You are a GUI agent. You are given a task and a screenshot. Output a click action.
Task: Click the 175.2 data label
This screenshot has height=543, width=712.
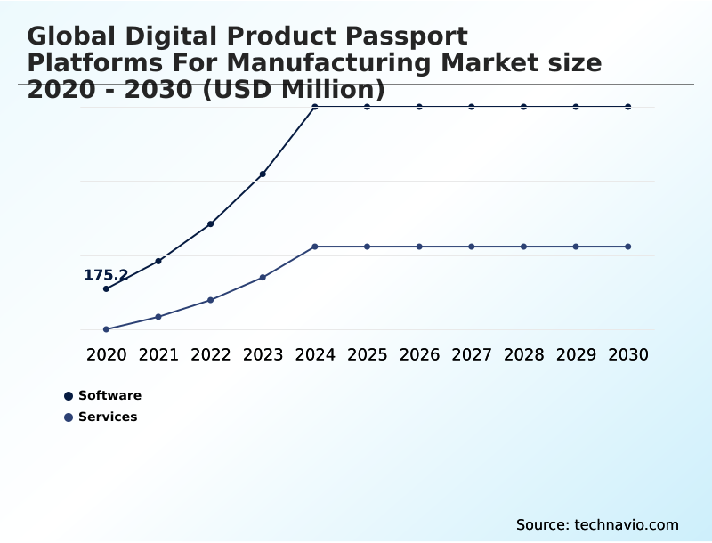pyautogui.click(x=106, y=275)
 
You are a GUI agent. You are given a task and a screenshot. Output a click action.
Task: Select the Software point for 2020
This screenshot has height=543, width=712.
pyautogui.click(x=106, y=288)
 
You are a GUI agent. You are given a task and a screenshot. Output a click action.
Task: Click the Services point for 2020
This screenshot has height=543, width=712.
pyautogui.click(x=106, y=329)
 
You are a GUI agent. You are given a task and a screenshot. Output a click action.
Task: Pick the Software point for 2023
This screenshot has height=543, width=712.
pyautogui.click(x=263, y=174)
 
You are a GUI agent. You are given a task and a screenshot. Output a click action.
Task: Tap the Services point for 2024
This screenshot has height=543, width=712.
pyautogui.click(x=315, y=247)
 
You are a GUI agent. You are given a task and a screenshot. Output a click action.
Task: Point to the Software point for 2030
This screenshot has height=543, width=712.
pyautogui.click(x=628, y=107)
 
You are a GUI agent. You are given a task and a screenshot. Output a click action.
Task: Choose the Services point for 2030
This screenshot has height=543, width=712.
pyautogui.click(x=628, y=247)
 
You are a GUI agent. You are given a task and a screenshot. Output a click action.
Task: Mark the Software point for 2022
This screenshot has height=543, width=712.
pyautogui.click(x=211, y=223)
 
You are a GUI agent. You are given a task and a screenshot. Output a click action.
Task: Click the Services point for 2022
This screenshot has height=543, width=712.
pyautogui.click(x=211, y=300)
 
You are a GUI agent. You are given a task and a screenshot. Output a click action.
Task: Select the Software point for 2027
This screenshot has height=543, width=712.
pyautogui.click(x=472, y=107)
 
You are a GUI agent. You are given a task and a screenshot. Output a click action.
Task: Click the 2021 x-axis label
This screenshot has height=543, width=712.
pyautogui.click(x=158, y=355)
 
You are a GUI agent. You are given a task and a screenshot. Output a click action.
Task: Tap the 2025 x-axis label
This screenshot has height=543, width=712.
pyautogui.click(x=367, y=355)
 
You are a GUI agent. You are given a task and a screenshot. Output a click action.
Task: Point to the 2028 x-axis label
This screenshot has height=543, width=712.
pyautogui.click(x=523, y=355)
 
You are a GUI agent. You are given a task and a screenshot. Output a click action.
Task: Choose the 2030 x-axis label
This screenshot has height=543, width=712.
pyautogui.click(x=628, y=355)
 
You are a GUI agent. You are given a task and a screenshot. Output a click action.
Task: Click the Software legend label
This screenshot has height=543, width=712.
pyautogui.click(x=109, y=396)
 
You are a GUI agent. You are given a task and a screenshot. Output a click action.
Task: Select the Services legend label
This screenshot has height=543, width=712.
pyautogui.click(x=108, y=417)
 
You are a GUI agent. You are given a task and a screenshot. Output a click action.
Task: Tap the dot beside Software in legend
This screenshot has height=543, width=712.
pyautogui.click(x=69, y=396)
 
